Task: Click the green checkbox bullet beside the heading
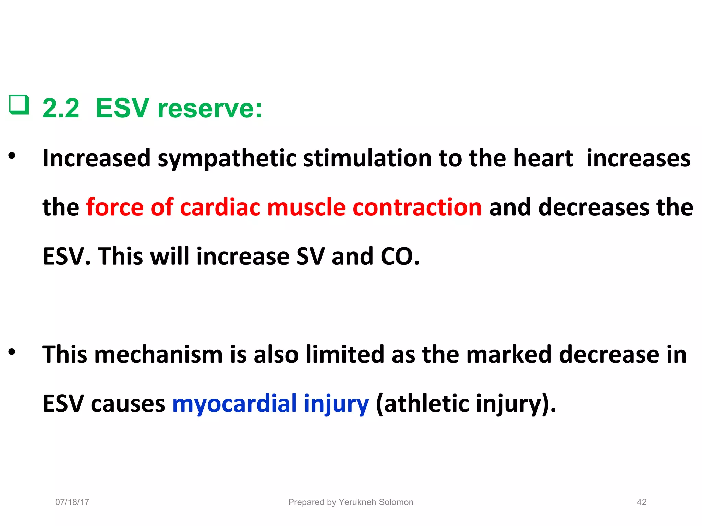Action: pyautogui.click(x=19, y=105)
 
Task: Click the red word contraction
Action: pyautogui.click(x=417, y=208)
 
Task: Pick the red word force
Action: pyautogui.click(x=114, y=208)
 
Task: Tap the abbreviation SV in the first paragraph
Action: pyautogui.click(x=310, y=256)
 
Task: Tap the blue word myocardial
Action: pyautogui.click(x=234, y=403)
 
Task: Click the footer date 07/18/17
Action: pyautogui.click(x=72, y=502)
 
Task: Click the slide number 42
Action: pyautogui.click(x=641, y=502)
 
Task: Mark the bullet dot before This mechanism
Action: pyautogui.click(x=12, y=352)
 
